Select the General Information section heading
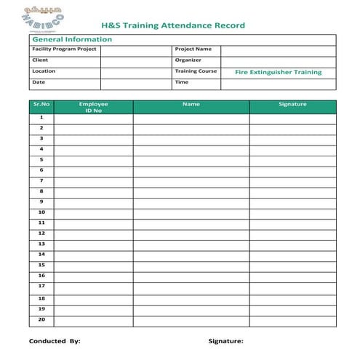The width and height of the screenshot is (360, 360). tap(72, 39)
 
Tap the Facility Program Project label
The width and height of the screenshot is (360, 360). tap(65, 49)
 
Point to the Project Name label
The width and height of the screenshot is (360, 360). tap(193, 49)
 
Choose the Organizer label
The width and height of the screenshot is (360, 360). tap(188, 60)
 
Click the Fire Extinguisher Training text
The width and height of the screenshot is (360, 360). tap(278, 72)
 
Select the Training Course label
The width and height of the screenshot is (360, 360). tap(196, 71)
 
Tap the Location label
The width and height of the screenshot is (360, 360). tap(44, 71)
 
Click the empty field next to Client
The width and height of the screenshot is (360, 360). tap(136, 61)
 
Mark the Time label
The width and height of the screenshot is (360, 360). tap(182, 82)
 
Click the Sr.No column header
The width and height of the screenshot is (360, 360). tap(41, 105)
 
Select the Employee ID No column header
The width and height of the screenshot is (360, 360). tap(93, 108)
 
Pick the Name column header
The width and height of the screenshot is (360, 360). tap(191, 105)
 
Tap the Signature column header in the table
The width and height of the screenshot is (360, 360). tap(292, 105)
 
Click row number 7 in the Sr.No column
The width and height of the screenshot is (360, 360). tap(41, 180)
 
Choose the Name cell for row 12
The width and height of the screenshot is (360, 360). tap(191, 233)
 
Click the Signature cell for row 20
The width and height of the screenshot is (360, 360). tap(292, 320)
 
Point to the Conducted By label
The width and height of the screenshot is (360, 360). tap(55, 340)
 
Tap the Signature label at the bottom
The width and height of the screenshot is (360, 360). tap(225, 340)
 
